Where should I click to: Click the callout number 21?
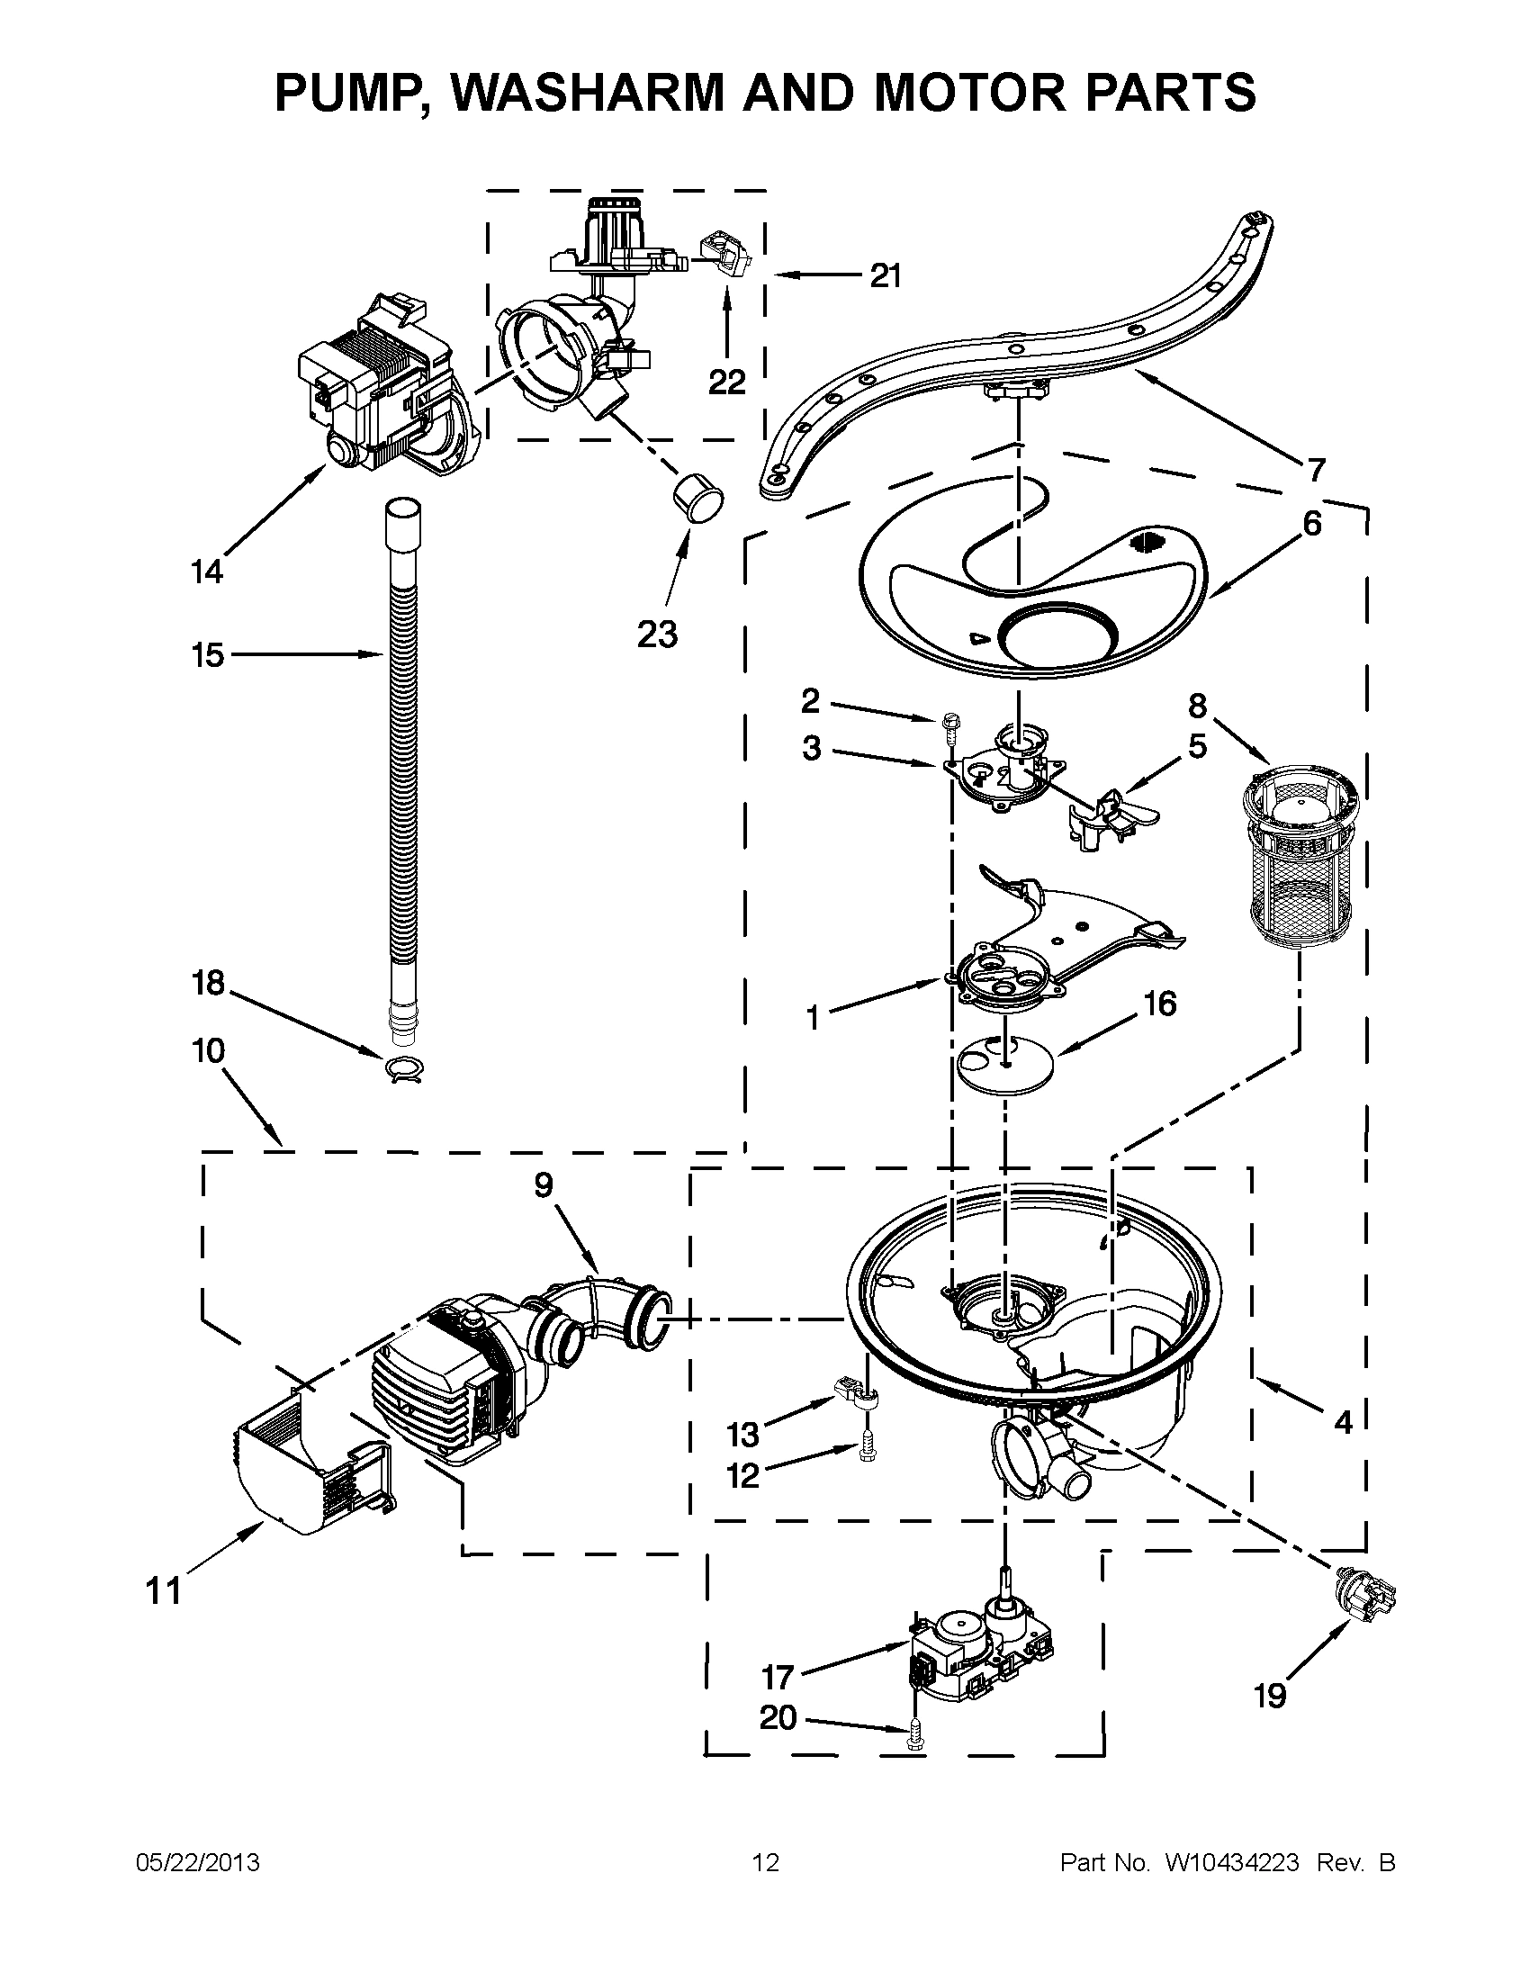[886, 275]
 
